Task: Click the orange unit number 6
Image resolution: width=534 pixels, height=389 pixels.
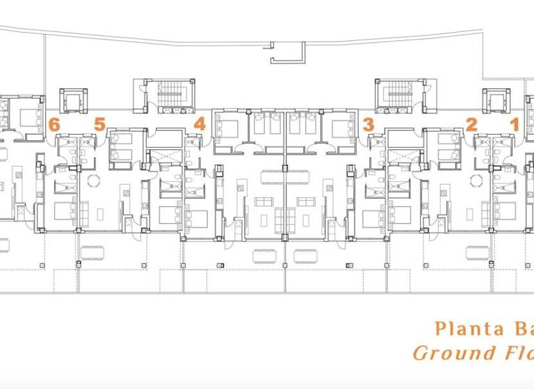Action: coord(54,125)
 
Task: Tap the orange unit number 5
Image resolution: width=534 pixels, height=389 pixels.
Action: coord(99,125)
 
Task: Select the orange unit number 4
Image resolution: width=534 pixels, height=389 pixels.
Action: coord(200,125)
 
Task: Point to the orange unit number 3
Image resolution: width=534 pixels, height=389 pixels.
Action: coord(369,125)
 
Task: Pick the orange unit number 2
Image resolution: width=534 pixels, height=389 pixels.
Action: coord(471,125)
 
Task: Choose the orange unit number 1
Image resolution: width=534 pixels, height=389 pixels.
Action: coord(515,125)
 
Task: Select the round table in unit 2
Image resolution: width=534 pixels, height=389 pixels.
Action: coord(477,180)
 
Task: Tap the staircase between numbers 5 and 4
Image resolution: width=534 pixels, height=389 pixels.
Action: coord(168,95)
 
